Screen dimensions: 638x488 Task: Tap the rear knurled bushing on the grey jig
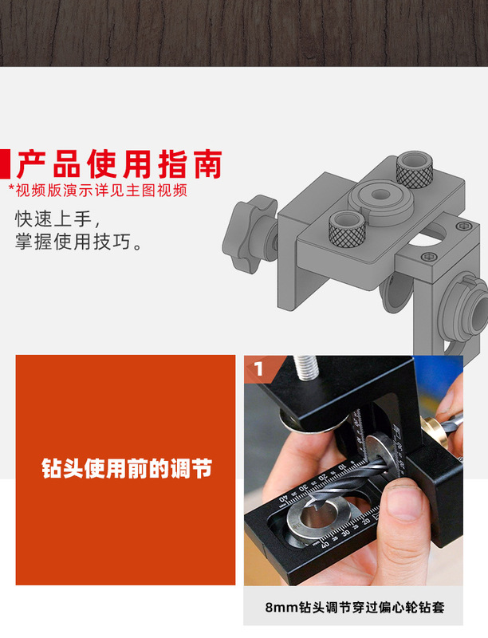(x=415, y=167)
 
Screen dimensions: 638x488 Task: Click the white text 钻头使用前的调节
(x=126, y=469)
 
